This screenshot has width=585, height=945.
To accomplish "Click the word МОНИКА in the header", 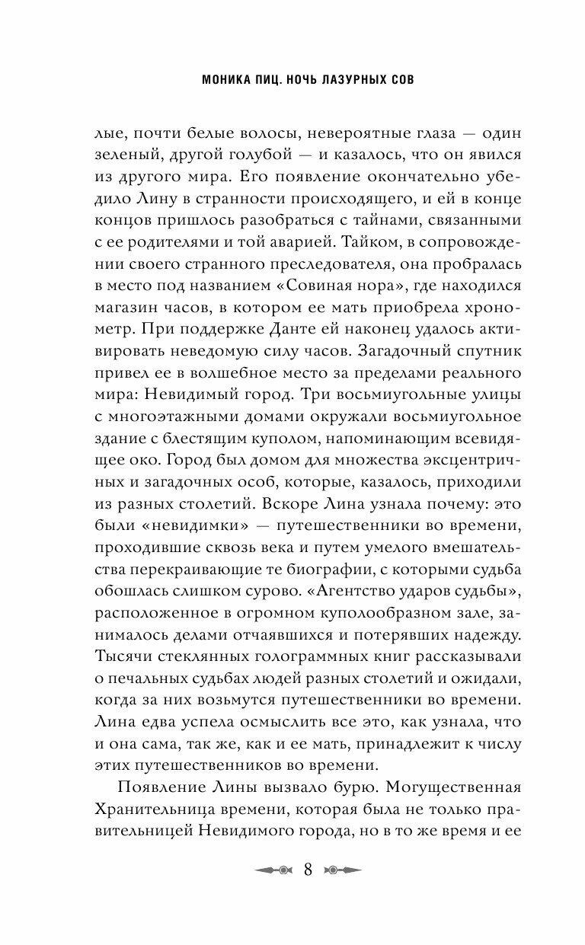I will (206, 80).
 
